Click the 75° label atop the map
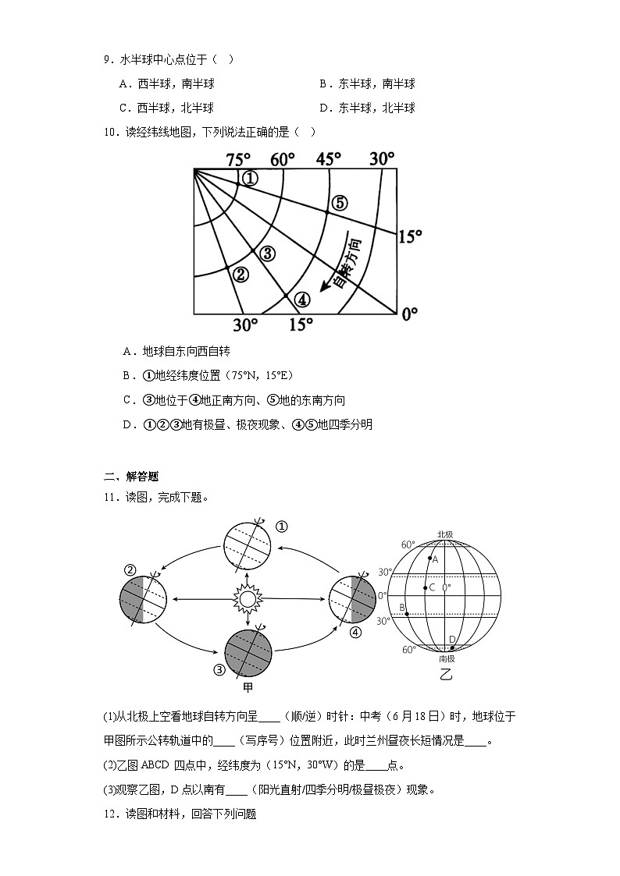(239, 160)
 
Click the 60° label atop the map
(283, 160)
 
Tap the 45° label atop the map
(329, 159)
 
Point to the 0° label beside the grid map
(409, 314)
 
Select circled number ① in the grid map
(249, 179)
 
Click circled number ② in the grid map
(241, 274)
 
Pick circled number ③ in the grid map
(267, 253)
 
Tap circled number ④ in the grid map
(302, 299)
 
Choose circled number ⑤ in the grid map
(339, 203)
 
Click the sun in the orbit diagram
(248, 599)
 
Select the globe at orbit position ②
(144, 600)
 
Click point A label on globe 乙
(435, 559)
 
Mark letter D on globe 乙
(451, 640)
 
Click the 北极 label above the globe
(445, 534)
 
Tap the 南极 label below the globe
(447, 658)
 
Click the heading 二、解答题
(131, 477)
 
